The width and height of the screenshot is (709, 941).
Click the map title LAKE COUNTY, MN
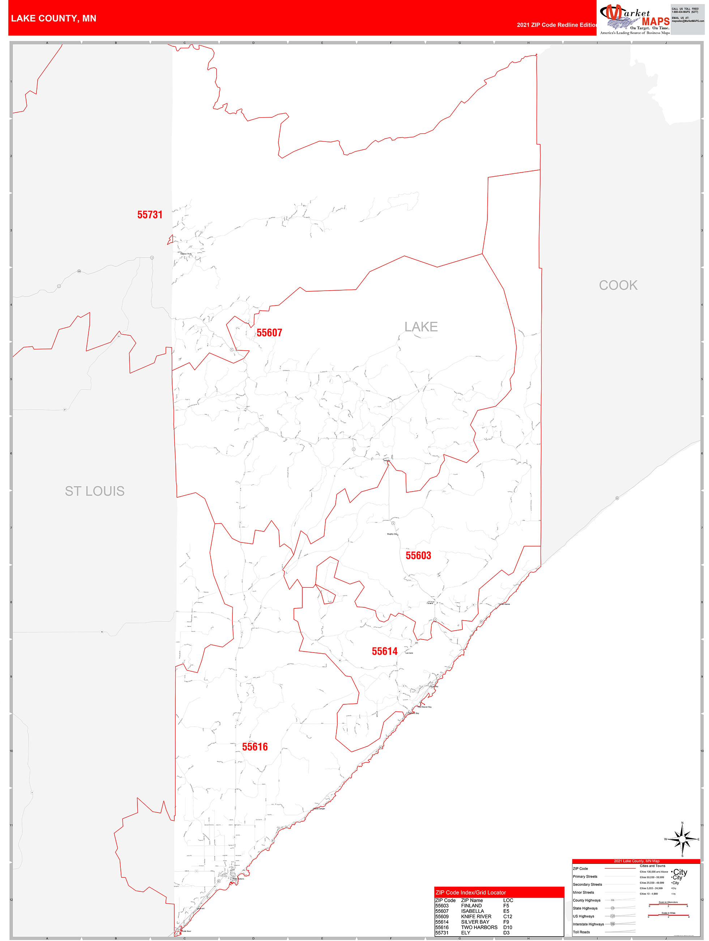pos(54,18)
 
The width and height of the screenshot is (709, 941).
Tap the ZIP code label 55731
pos(150,215)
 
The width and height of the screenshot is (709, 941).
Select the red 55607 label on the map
pos(269,333)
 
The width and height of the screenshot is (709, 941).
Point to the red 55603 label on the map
pos(418,556)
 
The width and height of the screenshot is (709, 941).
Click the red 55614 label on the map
pos(385,651)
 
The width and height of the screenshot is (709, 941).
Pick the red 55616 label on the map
pos(255,747)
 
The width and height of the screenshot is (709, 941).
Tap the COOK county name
pos(618,286)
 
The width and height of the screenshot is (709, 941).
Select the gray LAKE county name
pos(421,327)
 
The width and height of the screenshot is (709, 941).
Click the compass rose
pos(682,839)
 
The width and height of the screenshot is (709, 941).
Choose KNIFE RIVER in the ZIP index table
pos(476,916)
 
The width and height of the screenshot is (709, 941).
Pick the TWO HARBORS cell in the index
pos(479,927)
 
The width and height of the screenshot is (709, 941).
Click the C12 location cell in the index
pos(508,916)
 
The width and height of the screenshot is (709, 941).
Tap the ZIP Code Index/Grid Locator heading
pos(470,893)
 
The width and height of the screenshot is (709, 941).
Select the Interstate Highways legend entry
pos(588,924)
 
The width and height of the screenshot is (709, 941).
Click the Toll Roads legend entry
pos(581,932)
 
